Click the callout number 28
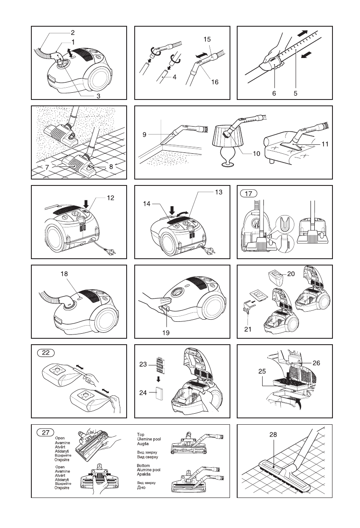pyautogui.click(x=273, y=434)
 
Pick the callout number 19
pyautogui.click(x=166, y=333)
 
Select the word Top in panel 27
pyautogui.click(x=141, y=434)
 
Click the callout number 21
pyautogui.click(x=248, y=329)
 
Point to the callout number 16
pyautogui.click(x=215, y=82)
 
